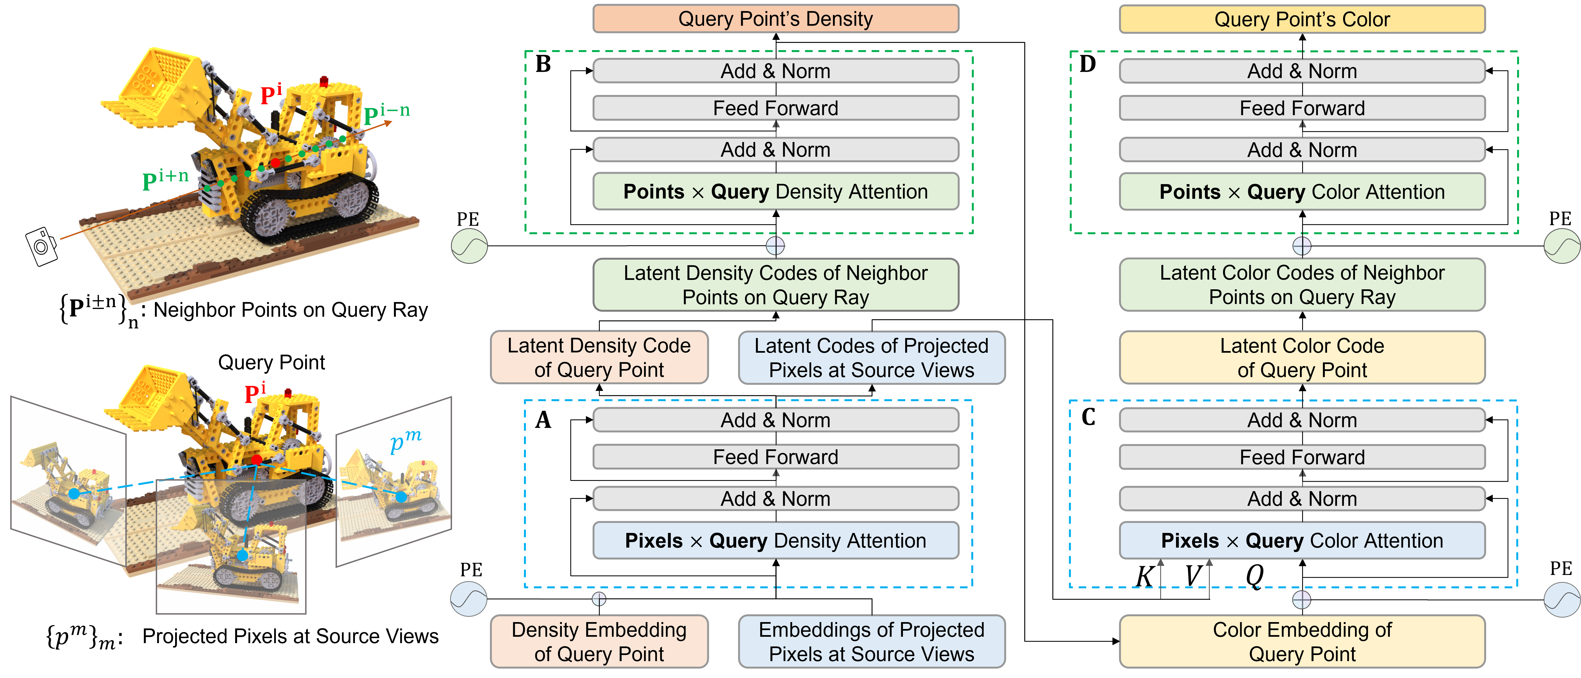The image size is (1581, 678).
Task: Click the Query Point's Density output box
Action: [x=775, y=19]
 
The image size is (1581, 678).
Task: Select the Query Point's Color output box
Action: [x=1302, y=19]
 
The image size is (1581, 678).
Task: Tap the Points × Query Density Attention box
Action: [x=775, y=192]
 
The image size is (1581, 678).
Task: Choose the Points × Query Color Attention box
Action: [x=1302, y=192]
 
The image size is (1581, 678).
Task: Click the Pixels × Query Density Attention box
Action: [x=775, y=540]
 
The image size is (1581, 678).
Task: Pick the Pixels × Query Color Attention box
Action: [x=1302, y=540]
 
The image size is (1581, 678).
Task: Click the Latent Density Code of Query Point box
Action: [x=599, y=357]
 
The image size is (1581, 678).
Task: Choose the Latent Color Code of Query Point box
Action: [x=1302, y=357]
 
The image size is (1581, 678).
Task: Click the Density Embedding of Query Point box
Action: [x=599, y=642]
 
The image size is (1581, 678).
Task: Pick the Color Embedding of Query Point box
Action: [x=1302, y=642]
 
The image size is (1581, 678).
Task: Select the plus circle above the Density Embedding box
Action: [x=599, y=599]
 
